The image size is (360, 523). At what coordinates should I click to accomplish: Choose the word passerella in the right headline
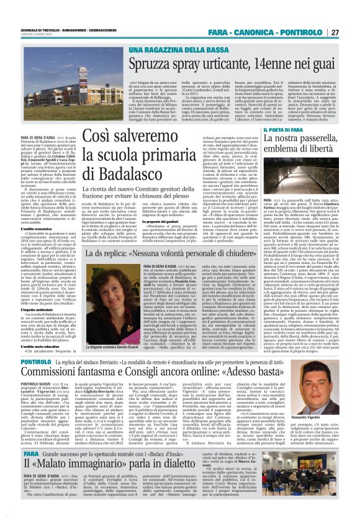(313, 142)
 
